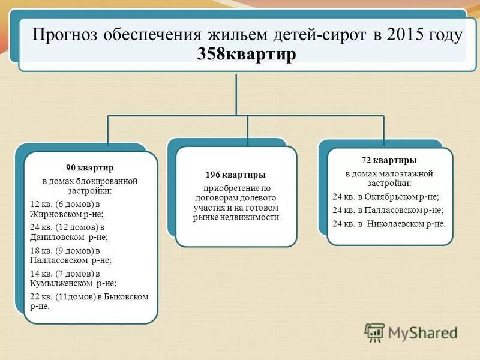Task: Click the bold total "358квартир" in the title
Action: (247, 54)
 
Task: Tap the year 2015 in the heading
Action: (410, 34)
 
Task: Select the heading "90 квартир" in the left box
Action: (89, 167)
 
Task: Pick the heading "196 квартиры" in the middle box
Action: (236, 175)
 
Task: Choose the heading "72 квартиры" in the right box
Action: (389, 160)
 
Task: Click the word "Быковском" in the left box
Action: (127, 297)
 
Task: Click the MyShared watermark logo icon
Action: (374, 332)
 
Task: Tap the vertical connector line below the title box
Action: (236, 93)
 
